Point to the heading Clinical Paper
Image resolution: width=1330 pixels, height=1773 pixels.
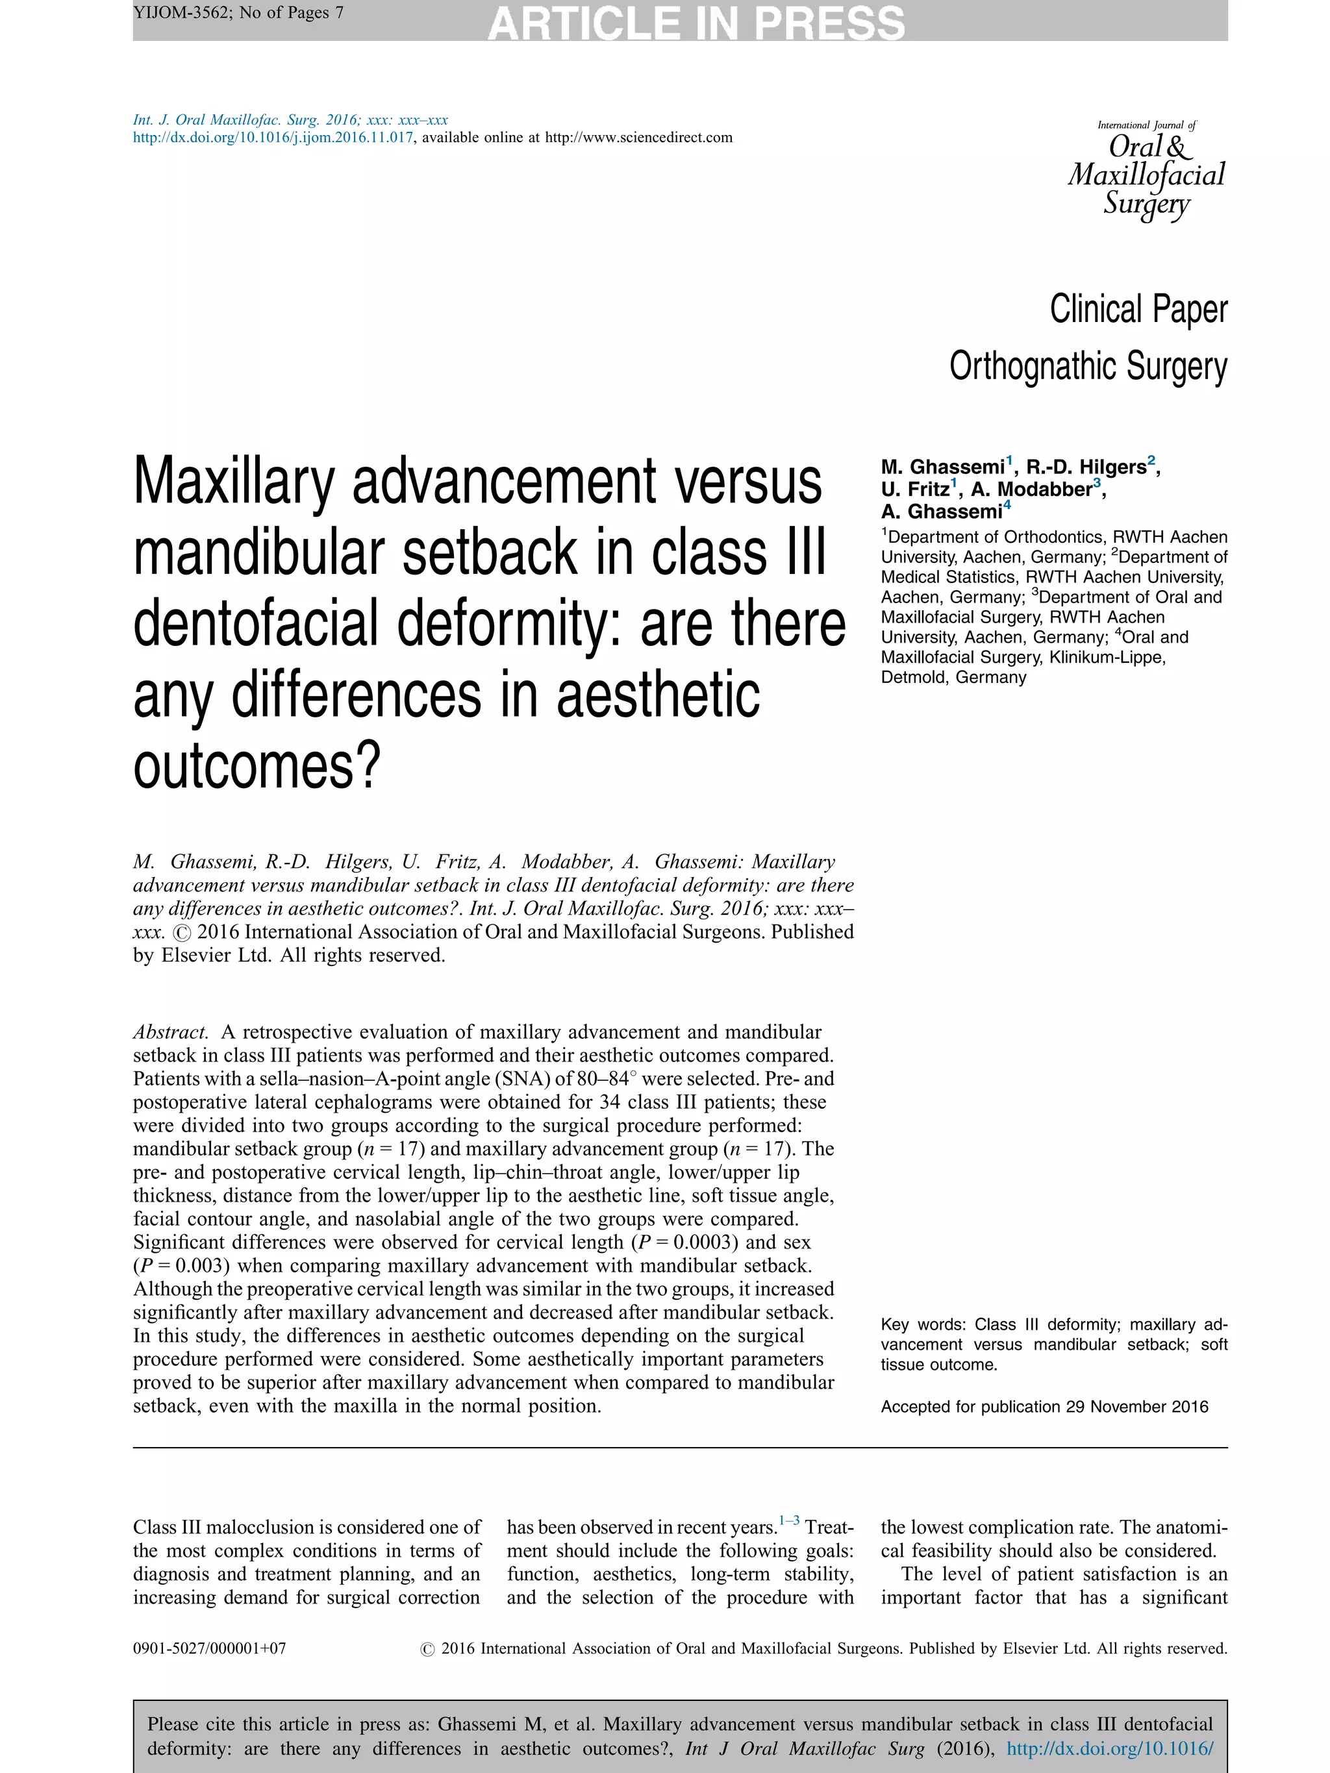point(1138,310)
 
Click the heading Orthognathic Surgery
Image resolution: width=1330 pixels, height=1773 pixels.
point(1088,366)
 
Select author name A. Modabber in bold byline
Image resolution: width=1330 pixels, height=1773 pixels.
point(1031,489)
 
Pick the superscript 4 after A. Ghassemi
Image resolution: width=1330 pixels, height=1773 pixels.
point(1007,506)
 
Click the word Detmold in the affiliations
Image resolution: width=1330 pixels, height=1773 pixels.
point(912,677)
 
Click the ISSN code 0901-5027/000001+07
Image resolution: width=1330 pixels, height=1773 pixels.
point(209,1649)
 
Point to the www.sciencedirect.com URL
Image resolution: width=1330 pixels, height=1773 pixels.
point(638,137)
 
